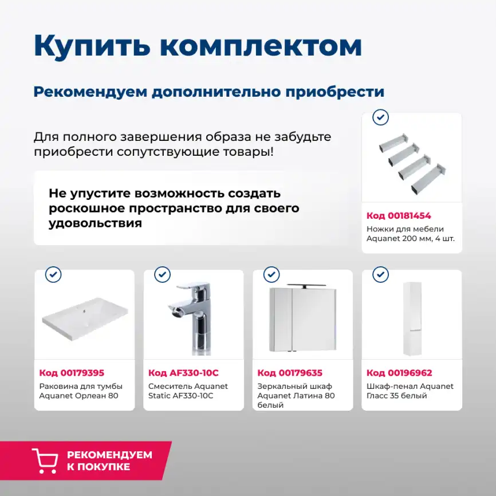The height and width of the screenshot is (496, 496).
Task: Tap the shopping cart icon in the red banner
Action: pyautogui.click(x=45, y=460)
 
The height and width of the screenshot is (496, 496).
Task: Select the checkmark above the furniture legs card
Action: pyautogui.click(x=380, y=118)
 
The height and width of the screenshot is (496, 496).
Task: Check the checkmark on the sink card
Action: pyautogui.click(x=53, y=275)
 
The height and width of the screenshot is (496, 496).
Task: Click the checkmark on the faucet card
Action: pyautogui.click(x=162, y=275)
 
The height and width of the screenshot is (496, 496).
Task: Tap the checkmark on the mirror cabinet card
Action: pyautogui.click(x=271, y=275)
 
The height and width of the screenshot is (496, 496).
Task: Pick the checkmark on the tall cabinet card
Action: pyautogui.click(x=380, y=275)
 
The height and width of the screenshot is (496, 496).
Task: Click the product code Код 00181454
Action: pyautogui.click(x=399, y=216)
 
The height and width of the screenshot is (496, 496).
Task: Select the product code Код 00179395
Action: pyautogui.click(x=72, y=373)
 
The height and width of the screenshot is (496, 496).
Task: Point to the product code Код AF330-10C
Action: pyautogui.click(x=183, y=373)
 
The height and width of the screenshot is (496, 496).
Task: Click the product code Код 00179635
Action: pyautogui.click(x=290, y=373)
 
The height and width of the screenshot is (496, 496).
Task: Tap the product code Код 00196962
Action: pyautogui.click(x=399, y=373)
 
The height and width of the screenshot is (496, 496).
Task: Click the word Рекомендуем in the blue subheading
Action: pyautogui.click(x=90, y=92)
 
